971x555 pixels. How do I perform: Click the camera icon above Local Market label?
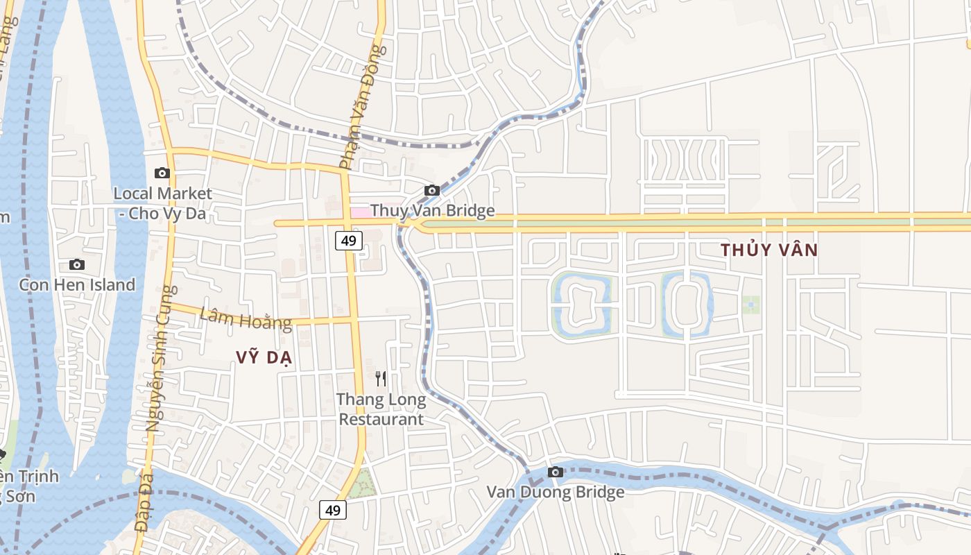coord(162,173)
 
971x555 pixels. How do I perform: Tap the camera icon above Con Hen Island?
coord(77,264)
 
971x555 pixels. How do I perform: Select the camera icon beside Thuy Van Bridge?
coord(432,190)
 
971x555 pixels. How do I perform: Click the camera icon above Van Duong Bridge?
coord(555,472)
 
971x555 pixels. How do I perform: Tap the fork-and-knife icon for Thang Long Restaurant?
coord(381,378)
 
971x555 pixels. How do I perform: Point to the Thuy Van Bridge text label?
coord(433,210)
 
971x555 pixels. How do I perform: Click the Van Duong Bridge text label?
coord(555,492)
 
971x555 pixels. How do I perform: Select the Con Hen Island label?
coord(77,284)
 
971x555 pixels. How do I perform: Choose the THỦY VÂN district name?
coord(769,250)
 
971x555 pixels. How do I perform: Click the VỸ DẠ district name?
coord(264,357)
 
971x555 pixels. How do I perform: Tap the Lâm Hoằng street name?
coord(246,320)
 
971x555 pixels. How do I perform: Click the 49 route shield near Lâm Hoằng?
coord(348,241)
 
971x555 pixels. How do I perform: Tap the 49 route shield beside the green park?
coord(333,510)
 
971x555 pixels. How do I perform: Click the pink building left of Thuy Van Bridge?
coord(360,212)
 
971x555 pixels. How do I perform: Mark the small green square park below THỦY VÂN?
coord(750,305)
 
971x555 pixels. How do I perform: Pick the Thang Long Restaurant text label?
coord(381,409)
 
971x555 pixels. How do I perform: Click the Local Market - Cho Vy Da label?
coord(163,203)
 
